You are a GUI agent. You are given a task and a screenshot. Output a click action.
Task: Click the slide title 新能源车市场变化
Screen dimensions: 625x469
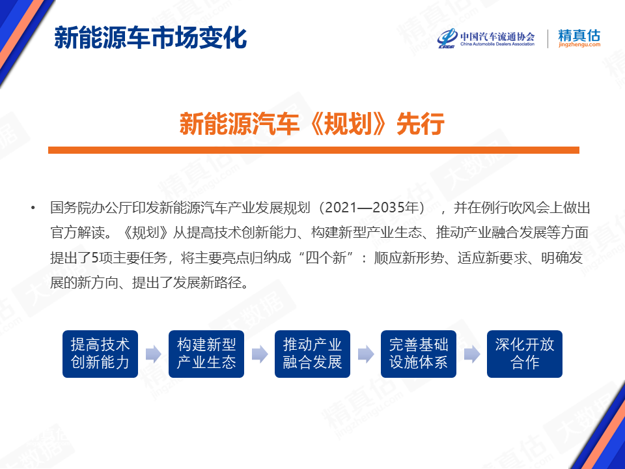click(150, 38)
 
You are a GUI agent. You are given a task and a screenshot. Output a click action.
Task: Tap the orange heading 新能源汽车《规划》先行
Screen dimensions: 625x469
click(312, 124)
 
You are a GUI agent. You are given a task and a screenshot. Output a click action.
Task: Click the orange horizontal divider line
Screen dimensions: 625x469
click(313, 150)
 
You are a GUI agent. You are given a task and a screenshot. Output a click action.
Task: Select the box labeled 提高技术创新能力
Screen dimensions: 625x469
click(100, 354)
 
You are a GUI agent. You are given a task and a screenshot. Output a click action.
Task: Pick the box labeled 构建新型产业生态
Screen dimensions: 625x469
click(206, 354)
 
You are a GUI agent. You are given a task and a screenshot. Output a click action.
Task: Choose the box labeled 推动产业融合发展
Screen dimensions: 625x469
click(312, 354)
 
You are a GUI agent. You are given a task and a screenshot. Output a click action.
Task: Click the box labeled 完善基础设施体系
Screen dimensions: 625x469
click(419, 354)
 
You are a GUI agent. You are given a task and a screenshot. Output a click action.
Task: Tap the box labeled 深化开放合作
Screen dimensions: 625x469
click(525, 354)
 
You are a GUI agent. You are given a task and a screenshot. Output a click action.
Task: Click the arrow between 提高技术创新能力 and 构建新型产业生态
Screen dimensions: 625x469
click(154, 354)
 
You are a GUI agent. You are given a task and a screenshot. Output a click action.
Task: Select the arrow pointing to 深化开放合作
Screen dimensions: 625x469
click(472, 354)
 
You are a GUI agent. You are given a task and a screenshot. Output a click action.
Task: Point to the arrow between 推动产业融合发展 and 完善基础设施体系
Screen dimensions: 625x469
click(366, 354)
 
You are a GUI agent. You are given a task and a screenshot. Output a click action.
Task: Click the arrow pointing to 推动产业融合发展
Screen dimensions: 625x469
click(260, 354)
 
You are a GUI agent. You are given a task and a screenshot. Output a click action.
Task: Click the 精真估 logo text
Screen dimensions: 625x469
click(579, 35)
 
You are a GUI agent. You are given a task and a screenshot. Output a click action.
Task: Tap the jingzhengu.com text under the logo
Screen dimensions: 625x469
click(579, 45)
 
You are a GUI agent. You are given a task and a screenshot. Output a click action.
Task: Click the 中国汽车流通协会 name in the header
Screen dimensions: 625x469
click(497, 36)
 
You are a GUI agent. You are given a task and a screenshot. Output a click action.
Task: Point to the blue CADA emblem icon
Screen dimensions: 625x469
click(447, 38)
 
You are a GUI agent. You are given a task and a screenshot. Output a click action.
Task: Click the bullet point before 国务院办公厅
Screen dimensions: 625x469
click(33, 208)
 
